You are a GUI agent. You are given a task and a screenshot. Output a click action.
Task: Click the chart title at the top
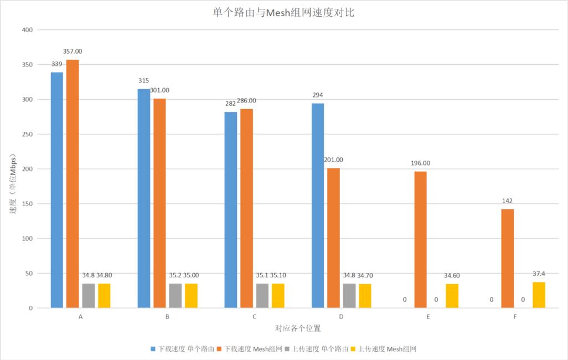coord(283,12)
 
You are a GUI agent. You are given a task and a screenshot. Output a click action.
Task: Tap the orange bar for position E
coord(420,240)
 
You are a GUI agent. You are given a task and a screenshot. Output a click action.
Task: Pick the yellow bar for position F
coord(539,295)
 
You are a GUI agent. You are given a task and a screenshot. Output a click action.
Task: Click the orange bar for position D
coord(333,238)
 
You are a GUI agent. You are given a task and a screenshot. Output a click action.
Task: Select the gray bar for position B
coord(175,296)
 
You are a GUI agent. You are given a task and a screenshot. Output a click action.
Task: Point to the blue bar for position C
coord(231,210)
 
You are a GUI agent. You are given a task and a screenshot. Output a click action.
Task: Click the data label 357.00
coord(73,52)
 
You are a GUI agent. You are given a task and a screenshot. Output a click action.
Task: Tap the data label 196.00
coord(420,163)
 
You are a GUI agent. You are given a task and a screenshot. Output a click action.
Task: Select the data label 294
coord(317,95)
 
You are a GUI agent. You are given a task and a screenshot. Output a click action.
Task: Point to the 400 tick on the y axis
coord(27,30)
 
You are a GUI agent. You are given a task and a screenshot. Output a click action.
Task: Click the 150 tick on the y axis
coord(27,204)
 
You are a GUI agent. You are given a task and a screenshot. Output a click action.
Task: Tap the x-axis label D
coord(341,317)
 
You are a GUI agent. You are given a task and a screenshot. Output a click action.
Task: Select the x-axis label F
coord(515,317)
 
